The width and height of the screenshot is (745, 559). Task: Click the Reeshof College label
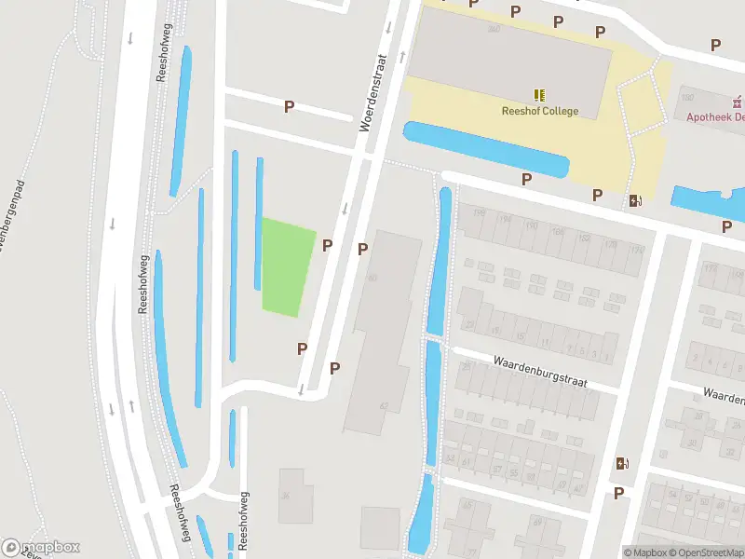point(539,112)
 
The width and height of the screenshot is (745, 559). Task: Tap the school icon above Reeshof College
point(539,95)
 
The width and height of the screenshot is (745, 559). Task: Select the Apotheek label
point(714,117)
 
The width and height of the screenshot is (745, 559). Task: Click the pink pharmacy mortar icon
point(737,101)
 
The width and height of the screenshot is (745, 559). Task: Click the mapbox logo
point(41,547)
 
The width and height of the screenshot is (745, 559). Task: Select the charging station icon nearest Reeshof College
point(636,200)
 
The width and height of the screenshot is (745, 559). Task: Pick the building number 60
point(373,278)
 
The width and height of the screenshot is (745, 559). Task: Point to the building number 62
point(383,406)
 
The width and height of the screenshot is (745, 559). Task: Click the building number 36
point(287,495)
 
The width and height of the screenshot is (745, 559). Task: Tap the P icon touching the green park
point(327,245)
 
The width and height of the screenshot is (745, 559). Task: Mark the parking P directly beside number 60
point(362,249)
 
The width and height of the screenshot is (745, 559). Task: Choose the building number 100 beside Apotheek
point(687,97)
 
